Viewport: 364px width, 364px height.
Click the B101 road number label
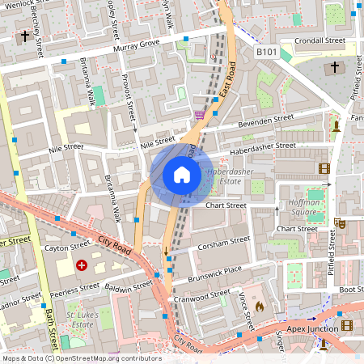[267, 53]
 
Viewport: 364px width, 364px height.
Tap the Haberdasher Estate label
[231, 177]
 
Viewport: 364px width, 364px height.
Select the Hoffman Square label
[304, 207]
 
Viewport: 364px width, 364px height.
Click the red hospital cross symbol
[82, 265]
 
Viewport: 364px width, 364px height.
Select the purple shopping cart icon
[199, 116]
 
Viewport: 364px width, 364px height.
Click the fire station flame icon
[259, 307]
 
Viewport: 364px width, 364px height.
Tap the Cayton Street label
[67, 246]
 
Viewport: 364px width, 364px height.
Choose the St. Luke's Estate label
[81, 316]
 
